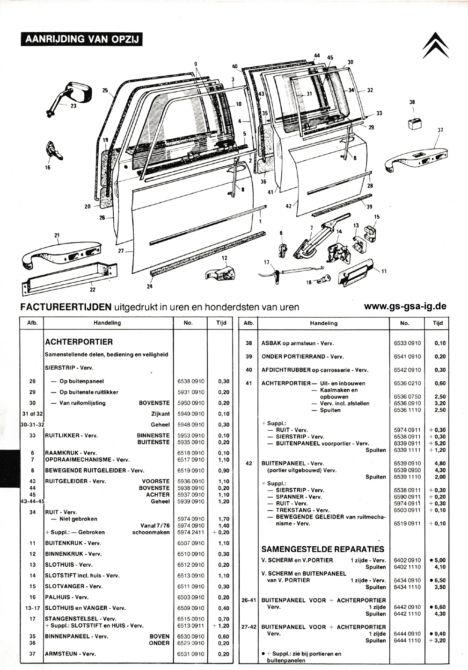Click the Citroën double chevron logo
click(x=436, y=45)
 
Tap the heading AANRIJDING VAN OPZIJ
click(x=81, y=39)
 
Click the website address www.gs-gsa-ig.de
click(x=405, y=306)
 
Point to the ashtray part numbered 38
click(x=415, y=123)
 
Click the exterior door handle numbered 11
click(x=356, y=272)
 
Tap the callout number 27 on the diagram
click(x=121, y=251)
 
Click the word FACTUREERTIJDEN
click(x=66, y=307)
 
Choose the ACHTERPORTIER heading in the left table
click(x=79, y=342)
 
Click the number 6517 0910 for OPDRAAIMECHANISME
click(x=190, y=459)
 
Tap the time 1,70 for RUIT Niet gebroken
click(x=224, y=519)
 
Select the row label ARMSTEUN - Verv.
click(x=70, y=654)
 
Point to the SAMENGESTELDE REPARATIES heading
click(x=323, y=549)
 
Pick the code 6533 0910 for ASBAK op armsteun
click(x=407, y=343)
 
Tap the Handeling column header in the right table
click(x=323, y=323)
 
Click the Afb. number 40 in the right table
click(x=249, y=370)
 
